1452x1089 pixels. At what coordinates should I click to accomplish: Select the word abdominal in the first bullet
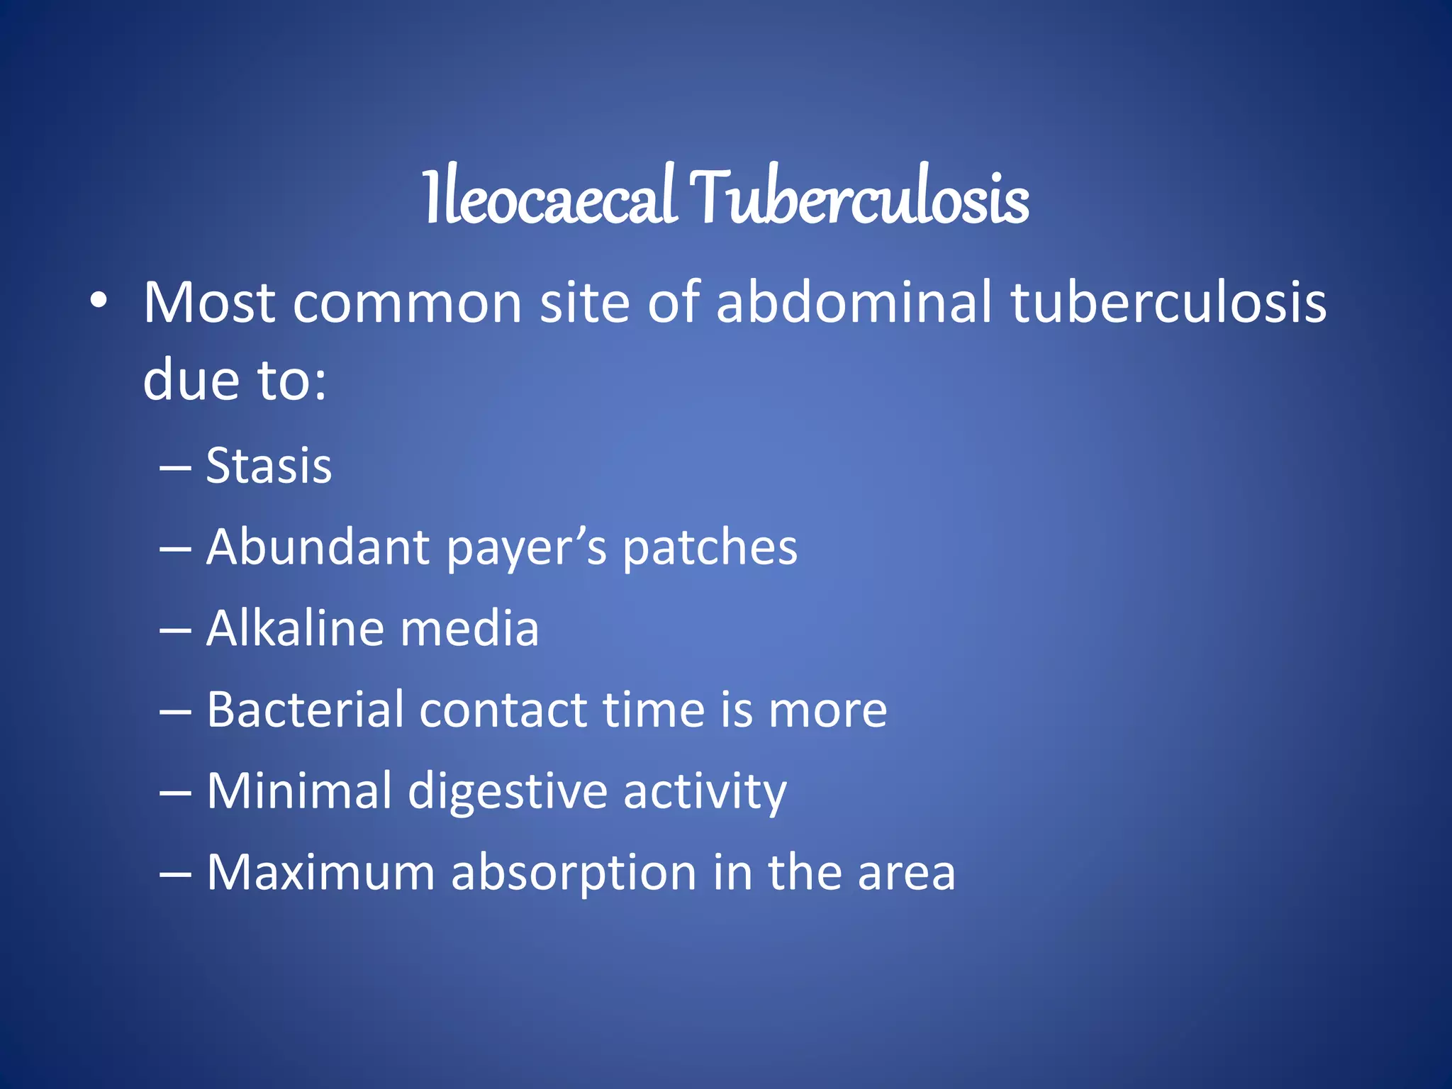[854, 303]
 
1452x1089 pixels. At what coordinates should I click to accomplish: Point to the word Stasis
[269, 467]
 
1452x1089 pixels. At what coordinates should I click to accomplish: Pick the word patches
[710, 548]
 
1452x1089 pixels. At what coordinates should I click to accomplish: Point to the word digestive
[508, 791]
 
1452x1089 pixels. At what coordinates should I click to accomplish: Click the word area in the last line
[906, 873]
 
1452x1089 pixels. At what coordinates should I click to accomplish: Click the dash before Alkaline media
[175, 630]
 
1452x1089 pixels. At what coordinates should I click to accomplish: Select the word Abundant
[318, 547]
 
